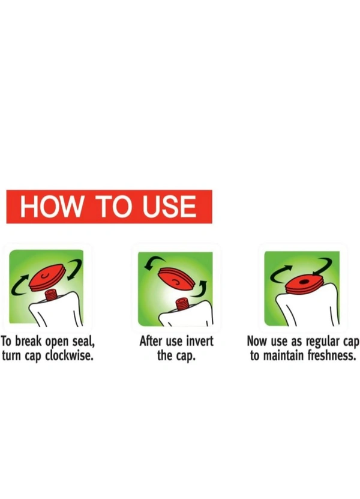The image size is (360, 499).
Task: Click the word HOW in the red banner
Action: click(x=51, y=207)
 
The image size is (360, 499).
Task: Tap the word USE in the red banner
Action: click(x=169, y=207)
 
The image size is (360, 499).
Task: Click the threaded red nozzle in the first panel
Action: click(x=50, y=295)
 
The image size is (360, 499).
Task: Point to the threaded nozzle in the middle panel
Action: click(x=181, y=304)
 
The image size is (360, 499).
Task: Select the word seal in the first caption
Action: click(x=83, y=342)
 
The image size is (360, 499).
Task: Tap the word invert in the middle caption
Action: click(x=199, y=341)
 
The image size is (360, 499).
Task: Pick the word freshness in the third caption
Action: click(x=331, y=355)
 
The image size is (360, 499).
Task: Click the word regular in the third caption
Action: click(x=322, y=342)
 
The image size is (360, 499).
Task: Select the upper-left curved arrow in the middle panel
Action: click(x=152, y=262)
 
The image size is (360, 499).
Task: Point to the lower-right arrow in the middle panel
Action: click(x=202, y=288)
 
